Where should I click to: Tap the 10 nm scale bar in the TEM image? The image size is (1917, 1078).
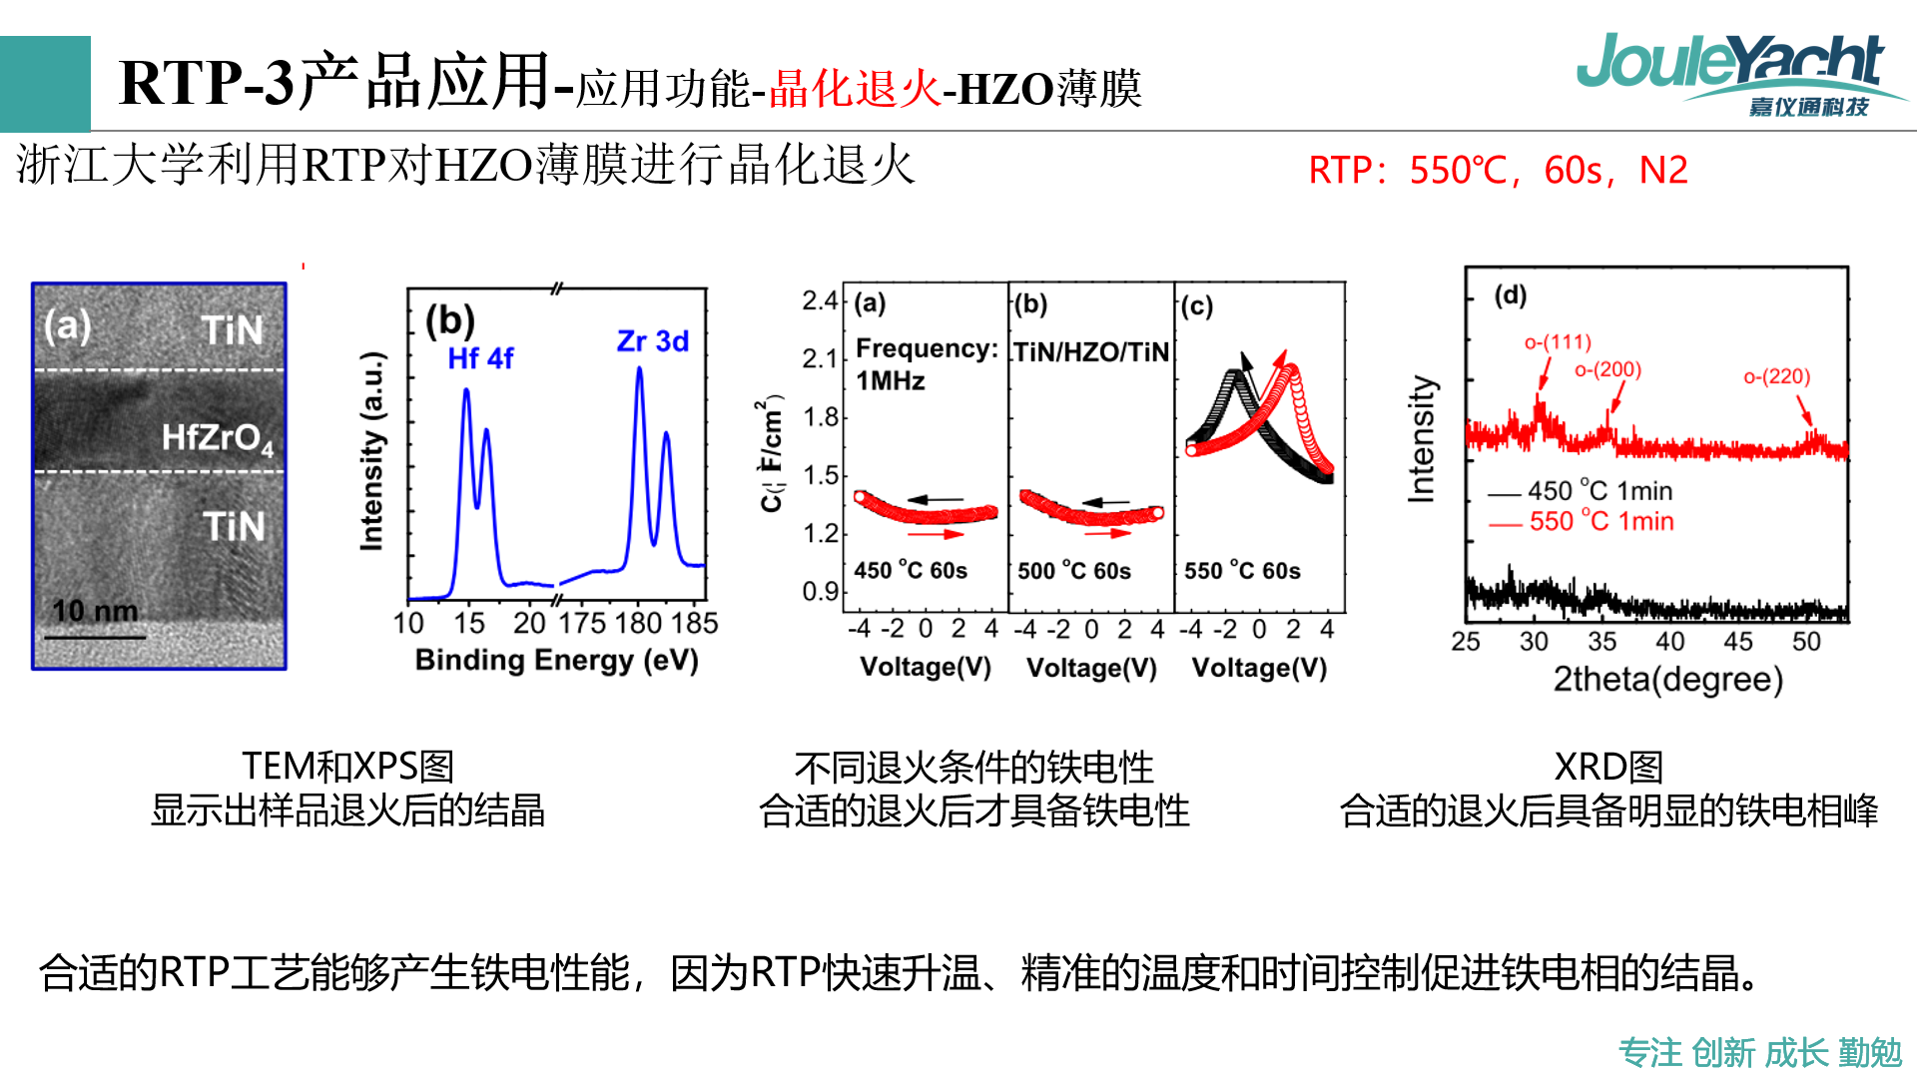pos(95,623)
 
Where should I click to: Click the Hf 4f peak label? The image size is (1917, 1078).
pos(480,358)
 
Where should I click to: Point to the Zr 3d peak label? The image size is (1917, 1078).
pos(653,341)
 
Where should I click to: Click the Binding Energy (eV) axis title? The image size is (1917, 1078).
pos(556,660)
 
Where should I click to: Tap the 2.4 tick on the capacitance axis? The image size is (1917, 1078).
pos(820,300)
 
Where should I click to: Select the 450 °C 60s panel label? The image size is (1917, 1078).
pos(911,570)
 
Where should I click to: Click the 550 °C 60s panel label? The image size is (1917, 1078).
pos(1242,570)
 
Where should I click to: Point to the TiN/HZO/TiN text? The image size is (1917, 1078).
pos(1091,351)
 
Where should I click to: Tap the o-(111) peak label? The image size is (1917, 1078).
pos(1558,342)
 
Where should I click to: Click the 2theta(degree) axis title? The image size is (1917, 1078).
pos(1667,680)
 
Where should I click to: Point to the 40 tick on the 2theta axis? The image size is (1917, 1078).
pos(1670,642)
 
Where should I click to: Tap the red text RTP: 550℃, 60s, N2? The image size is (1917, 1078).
pos(1498,171)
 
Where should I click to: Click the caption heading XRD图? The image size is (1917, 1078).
pos(1608,767)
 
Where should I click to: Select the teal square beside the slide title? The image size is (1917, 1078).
pos(45,84)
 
